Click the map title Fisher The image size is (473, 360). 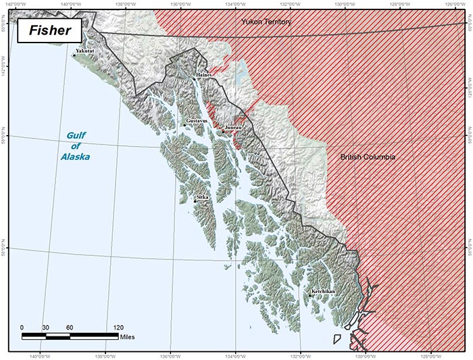point(49,31)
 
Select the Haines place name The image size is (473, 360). point(203,75)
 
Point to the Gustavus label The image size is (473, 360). point(197,121)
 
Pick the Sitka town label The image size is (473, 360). point(203,197)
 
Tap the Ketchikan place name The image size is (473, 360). point(322,291)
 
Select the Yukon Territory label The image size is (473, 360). point(266,22)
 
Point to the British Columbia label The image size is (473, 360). point(367,157)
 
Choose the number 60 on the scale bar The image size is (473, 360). point(70,327)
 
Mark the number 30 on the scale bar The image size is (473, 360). point(45,327)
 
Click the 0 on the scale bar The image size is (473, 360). point(22,327)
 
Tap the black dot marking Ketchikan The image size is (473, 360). point(309,295)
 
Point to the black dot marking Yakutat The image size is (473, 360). point(74,55)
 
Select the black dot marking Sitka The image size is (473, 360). point(195,201)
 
